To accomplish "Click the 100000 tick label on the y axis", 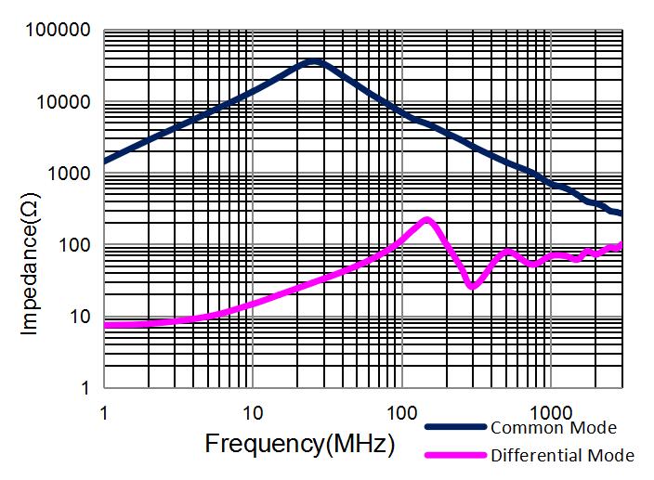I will [58, 32].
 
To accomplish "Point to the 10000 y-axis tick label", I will [62, 103].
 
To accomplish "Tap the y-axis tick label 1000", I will [67, 175].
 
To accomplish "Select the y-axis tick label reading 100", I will [72, 246].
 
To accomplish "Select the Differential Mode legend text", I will [562, 455].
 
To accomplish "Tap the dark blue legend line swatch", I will [455, 428].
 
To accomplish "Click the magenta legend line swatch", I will [455, 455].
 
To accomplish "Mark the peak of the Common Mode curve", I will [314, 61].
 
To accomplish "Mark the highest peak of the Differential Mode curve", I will [426, 220].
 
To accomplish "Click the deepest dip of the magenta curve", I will [473, 286].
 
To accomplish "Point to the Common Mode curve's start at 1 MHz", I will [105, 161].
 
